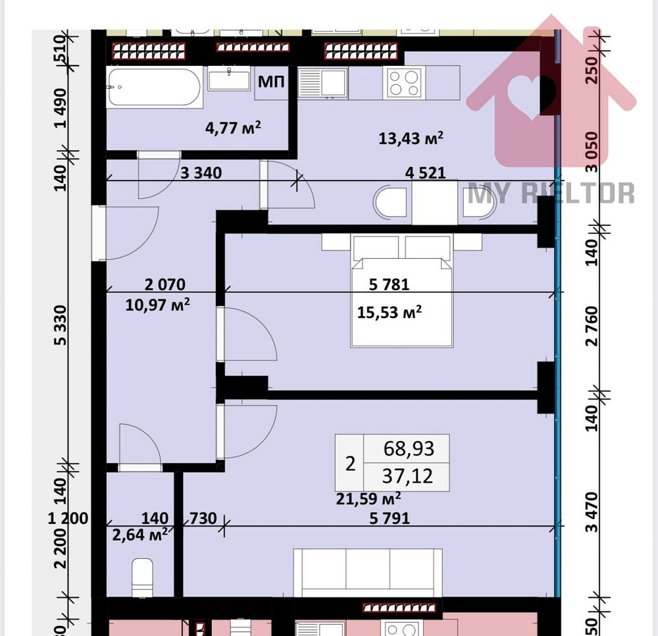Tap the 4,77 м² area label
[x=234, y=126]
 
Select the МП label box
[x=271, y=83]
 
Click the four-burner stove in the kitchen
[x=404, y=83]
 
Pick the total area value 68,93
[x=409, y=449]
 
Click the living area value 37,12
[x=409, y=475]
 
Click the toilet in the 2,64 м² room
[x=142, y=575]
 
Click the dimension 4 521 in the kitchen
[x=426, y=173]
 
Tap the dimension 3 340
[x=201, y=173]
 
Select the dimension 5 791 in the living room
[x=389, y=518]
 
